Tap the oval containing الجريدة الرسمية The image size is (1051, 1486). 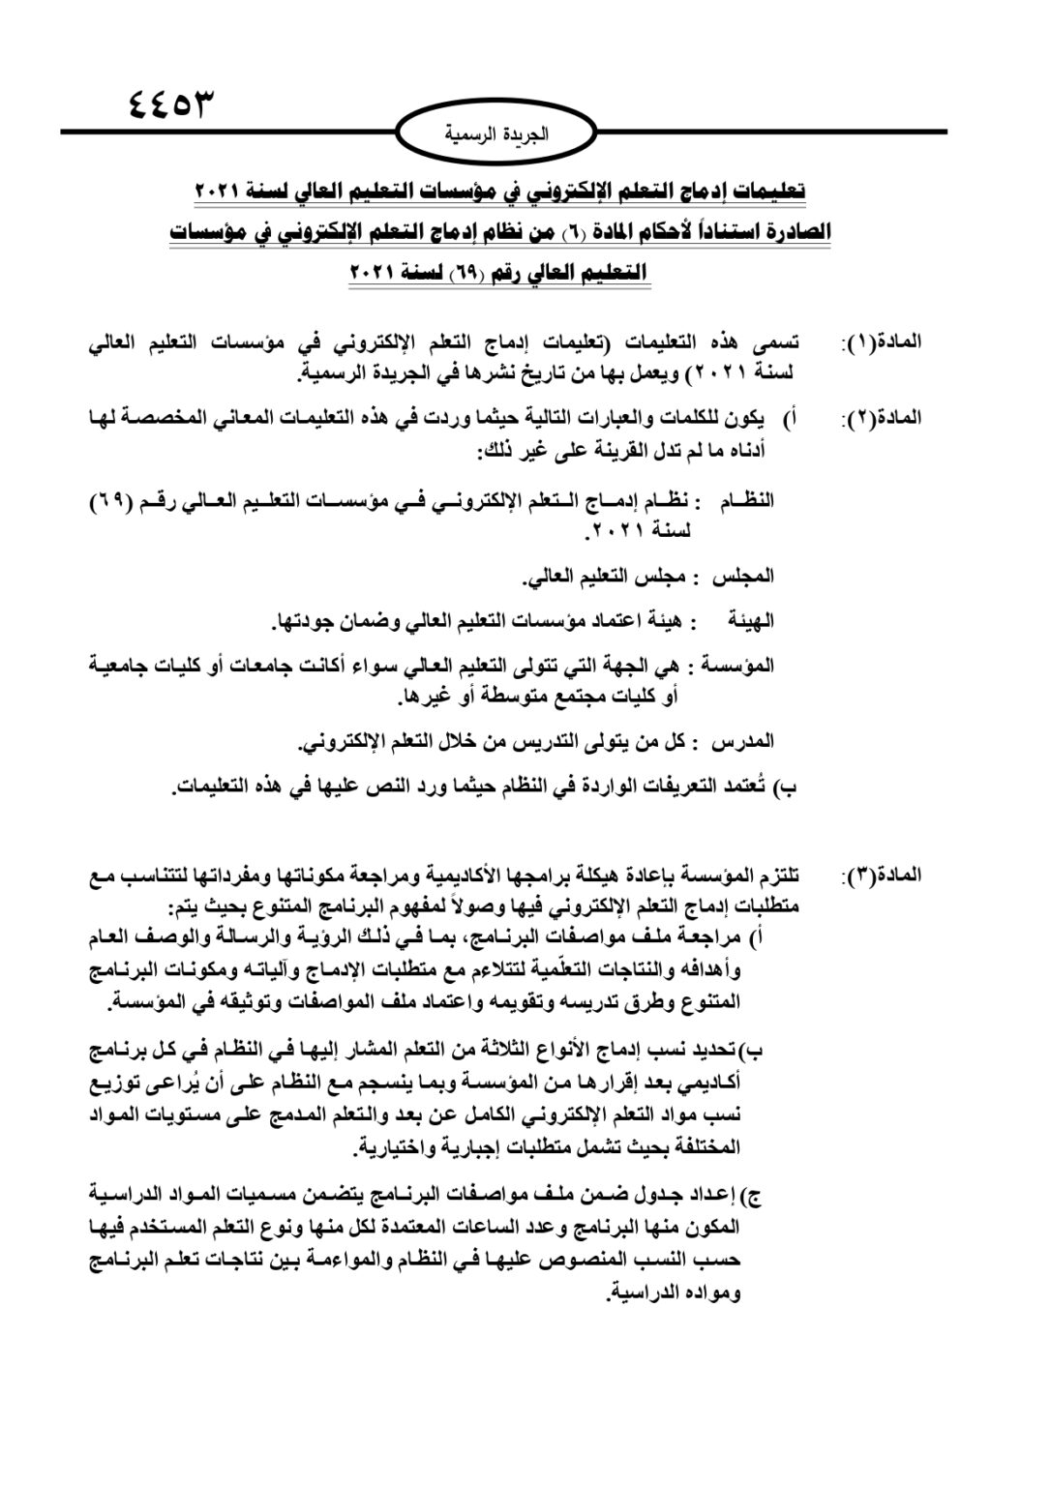point(495,134)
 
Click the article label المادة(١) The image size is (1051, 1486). point(883,342)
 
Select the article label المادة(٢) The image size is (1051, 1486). point(883,419)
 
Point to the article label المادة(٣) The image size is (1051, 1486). point(883,877)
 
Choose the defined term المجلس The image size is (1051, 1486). point(743,578)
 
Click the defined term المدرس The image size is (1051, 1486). point(743,742)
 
